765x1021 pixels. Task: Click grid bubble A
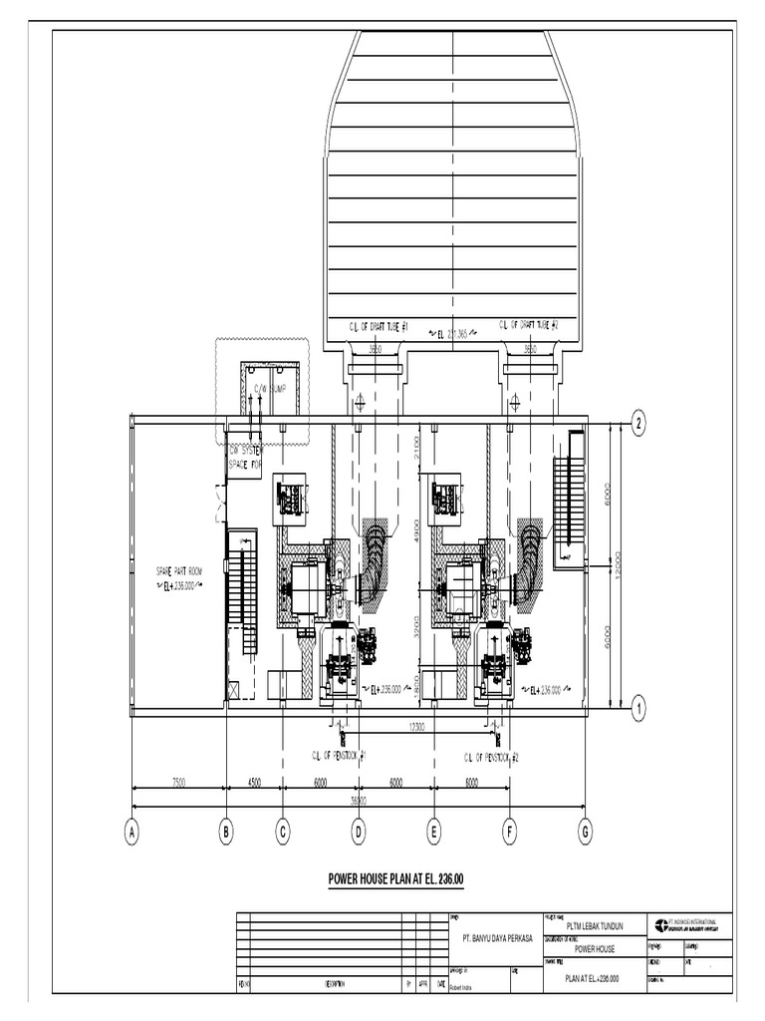[130, 832]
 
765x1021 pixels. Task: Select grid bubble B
[226, 832]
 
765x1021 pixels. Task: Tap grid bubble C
[283, 832]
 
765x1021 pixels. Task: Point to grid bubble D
[359, 832]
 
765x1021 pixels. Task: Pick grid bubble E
[434, 832]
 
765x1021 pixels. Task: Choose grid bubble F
[510, 832]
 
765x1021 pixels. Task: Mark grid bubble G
[586, 832]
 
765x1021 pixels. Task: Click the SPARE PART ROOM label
[178, 571]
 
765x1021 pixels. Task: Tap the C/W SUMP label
[269, 389]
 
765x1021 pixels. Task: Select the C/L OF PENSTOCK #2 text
[491, 758]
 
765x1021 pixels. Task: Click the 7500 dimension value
[179, 783]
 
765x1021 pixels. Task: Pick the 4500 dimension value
[254, 783]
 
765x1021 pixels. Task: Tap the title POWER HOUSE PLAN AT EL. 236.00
[396, 878]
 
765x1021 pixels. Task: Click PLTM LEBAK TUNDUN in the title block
[594, 926]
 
